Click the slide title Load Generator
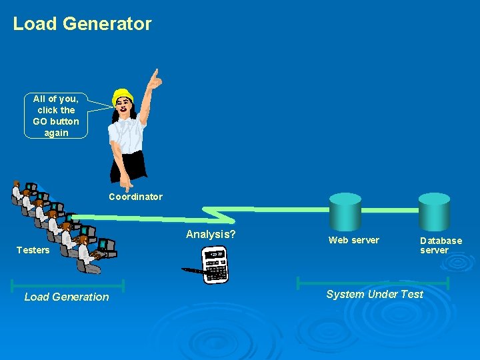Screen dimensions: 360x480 [x=82, y=24]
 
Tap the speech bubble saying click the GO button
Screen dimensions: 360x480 [x=56, y=115]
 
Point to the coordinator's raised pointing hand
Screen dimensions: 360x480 [x=155, y=79]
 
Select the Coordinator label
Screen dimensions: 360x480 [x=135, y=197]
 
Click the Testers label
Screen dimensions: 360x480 [x=33, y=250]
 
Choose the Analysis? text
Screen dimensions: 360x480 [x=211, y=234]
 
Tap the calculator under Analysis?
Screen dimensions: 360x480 [x=215, y=265]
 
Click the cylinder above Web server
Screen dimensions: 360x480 [x=345, y=211]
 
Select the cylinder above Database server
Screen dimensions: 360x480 [x=434, y=211]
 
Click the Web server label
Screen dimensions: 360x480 [x=354, y=240]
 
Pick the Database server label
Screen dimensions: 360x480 [x=441, y=245]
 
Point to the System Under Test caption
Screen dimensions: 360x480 [x=375, y=294]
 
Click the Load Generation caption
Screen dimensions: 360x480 [x=67, y=297]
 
